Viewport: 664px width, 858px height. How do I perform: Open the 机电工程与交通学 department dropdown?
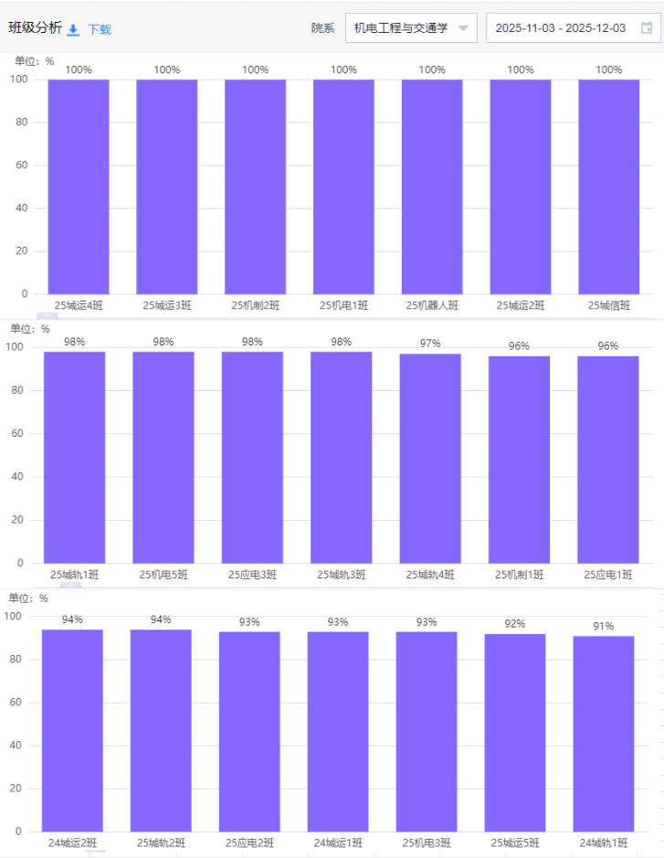pyautogui.click(x=411, y=28)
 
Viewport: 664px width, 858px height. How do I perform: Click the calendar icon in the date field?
pyautogui.click(x=647, y=28)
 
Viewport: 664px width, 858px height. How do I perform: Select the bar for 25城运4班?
pyautogui.click(x=79, y=186)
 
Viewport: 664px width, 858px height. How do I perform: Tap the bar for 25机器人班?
pyautogui.click(x=432, y=186)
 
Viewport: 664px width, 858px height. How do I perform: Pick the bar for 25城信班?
pyautogui.click(x=608, y=186)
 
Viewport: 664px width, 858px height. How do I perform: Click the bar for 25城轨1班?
pyautogui.click(x=75, y=457)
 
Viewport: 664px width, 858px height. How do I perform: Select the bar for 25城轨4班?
pyautogui.click(x=430, y=458)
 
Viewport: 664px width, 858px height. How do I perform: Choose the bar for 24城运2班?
pyautogui.click(x=72, y=730)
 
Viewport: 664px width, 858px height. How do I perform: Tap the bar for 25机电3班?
pyautogui.click(x=427, y=731)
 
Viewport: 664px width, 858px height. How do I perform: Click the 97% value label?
pyautogui.click(x=430, y=344)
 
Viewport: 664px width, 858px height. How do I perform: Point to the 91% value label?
pyautogui.click(x=604, y=626)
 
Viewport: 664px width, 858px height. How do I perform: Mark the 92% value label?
pyautogui.click(x=515, y=624)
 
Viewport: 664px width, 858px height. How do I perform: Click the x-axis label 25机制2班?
pyautogui.click(x=256, y=305)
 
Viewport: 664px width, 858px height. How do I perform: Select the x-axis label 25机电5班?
pyautogui.click(x=163, y=575)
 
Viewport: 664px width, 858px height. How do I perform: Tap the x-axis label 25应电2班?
pyautogui.click(x=249, y=842)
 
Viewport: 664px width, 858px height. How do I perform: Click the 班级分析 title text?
pyautogui.click(x=36, y=28)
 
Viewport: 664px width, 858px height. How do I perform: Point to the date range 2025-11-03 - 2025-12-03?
pyautogui.click(x=560, y=28)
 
